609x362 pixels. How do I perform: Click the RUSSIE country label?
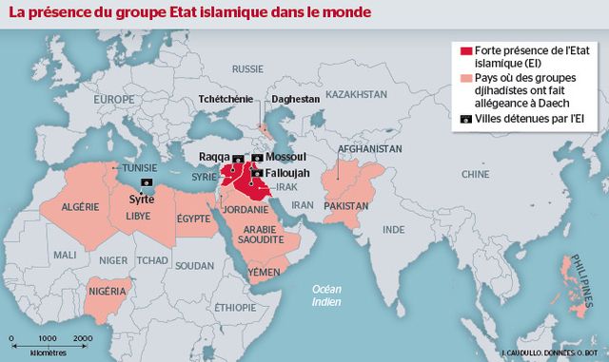coord(247,69)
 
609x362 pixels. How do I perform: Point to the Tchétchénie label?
coord(225,99)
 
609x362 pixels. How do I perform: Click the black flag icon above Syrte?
coord(146,181)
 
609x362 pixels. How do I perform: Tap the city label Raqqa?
coord(214,156)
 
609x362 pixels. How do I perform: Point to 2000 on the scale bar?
coord(83,338)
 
